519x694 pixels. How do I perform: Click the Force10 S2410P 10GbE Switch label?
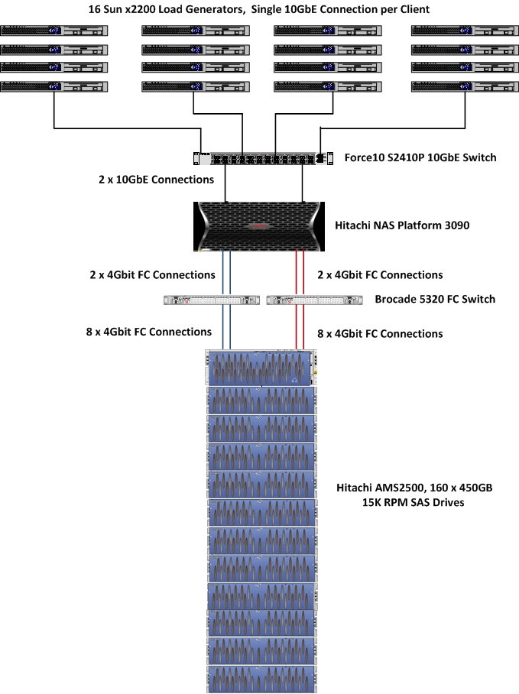[x=420, y=157]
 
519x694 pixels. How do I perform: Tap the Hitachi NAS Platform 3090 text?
[x=402, y=225]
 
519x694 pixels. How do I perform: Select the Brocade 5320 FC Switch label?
[x=435, y=299]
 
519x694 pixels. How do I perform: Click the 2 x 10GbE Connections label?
[x=156, y=180]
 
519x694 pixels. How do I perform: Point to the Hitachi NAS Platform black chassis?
[x=259, y=226]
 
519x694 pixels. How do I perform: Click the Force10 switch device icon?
[x=263, y=158]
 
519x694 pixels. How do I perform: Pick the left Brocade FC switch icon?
[x=212, y=300]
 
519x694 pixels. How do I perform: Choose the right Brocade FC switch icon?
[x=314, y=300]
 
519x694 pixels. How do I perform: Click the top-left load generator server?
[x=54, y=31]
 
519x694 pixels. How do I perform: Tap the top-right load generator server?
[x=465, y=31]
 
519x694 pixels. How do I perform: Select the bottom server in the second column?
[x=196, y=87]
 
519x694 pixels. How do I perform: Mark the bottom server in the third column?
[x=328, y=87]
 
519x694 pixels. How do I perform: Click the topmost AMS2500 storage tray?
[x=261, y=368]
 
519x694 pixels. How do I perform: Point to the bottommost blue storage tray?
[x=262, y=679]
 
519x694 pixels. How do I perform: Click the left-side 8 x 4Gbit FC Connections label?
[x=148, y=332]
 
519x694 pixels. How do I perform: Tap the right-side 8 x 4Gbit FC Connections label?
[x=380, y=334]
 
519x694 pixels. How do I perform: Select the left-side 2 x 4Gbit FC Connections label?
[x=153, y=275]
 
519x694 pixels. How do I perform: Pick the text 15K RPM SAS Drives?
[x=414, y=502]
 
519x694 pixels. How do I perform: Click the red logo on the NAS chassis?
[x=260, y=226]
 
